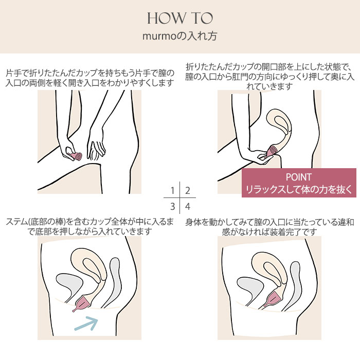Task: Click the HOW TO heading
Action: point(180,19)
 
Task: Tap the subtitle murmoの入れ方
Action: point(180,37)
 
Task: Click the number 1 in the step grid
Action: point(173,191)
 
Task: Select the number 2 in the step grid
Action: point(188,191)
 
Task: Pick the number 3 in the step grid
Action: point(173,206)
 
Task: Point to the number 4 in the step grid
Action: point(188,206)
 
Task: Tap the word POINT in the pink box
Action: point(299,177)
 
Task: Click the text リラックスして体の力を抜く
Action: point(299,189)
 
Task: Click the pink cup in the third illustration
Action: point(81,303)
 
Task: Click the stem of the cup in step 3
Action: point(75,310)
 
